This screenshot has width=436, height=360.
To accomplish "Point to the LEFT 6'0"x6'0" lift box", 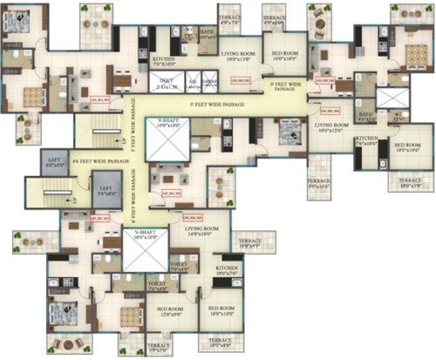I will tap(51, 163).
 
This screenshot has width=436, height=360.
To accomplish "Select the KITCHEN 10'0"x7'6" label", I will tap(228, 271).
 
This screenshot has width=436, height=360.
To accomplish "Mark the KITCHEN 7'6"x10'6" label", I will tap(365, 140).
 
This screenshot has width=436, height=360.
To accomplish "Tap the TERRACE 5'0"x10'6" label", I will tap(320, 184).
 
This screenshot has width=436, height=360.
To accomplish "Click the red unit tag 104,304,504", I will tap(330, 112).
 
